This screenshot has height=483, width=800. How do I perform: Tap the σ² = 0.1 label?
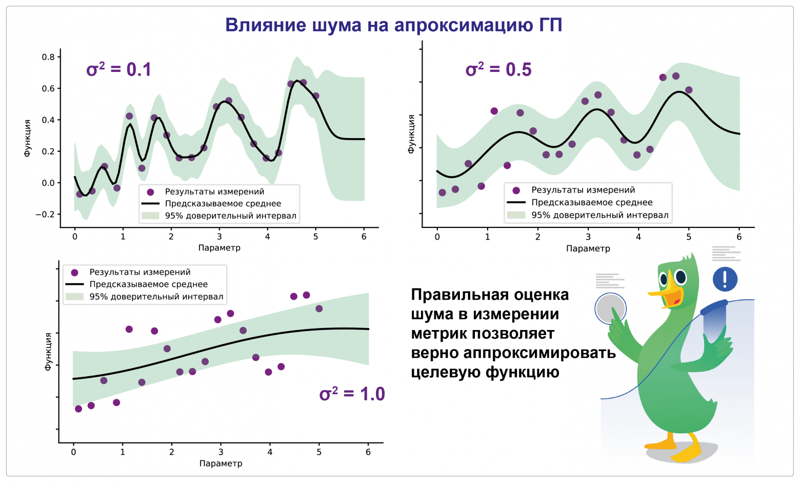118,69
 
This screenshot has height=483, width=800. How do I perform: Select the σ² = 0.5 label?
498,69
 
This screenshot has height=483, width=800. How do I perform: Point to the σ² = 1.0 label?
352,394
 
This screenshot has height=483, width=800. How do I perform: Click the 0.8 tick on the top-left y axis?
48,57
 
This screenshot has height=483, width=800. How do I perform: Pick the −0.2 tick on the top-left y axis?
45,215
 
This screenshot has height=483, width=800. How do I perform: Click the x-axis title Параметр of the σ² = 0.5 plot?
588,248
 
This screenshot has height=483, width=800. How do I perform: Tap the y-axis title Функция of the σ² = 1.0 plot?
48,351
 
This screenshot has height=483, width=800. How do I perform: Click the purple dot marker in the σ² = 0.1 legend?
150,192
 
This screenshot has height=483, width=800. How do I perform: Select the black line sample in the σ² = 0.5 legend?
516,203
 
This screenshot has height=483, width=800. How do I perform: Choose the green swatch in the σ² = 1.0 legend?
74,297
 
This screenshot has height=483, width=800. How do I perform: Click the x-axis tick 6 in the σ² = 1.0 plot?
368,452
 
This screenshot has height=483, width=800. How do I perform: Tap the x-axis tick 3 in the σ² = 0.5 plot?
588,237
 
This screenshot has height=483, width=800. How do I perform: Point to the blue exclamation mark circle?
725,279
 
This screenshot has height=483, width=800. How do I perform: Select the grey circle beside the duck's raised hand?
610,309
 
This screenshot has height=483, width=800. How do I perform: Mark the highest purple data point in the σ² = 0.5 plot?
675,76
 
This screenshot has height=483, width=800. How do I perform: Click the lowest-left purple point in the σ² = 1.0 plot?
78,409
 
